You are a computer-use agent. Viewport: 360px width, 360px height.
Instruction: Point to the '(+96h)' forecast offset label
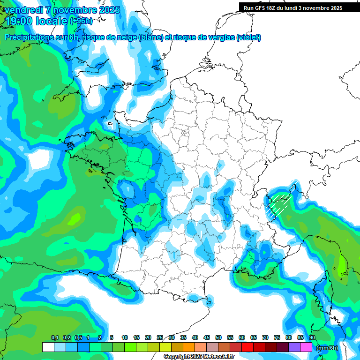point(82,21)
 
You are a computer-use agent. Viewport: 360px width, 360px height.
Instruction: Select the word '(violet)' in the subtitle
point(249,37)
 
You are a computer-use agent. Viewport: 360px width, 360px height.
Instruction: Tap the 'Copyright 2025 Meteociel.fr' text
point(199,357)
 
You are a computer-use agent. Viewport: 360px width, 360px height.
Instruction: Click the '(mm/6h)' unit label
point(328,348)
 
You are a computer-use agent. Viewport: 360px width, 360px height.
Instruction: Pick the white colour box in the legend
point(48,347)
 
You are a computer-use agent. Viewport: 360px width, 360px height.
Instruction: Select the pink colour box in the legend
point(307,347)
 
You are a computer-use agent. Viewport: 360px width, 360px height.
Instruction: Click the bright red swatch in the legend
point(247,347)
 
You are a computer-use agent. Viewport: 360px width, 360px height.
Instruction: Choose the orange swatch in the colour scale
point(189,347)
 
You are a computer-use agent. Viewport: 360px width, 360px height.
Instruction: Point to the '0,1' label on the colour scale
point(54,338)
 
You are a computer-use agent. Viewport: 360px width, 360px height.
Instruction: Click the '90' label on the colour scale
point(312,338)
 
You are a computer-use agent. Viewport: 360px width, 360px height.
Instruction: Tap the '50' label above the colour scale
point(218,338)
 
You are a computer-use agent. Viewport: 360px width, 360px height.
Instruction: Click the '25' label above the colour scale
point(160,338)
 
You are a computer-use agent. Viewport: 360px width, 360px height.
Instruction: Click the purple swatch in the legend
point(295,347)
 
